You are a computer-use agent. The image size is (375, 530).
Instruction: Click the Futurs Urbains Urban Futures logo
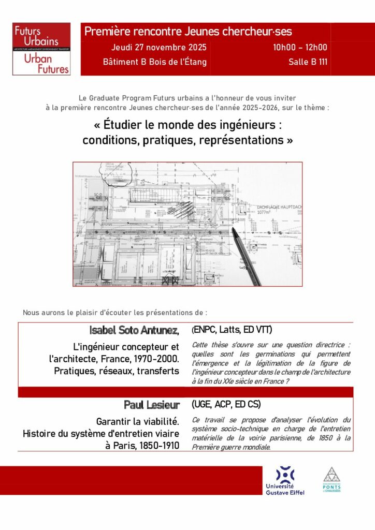click(41, 49)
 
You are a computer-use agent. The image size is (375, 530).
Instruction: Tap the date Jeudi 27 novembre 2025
click(159, 47)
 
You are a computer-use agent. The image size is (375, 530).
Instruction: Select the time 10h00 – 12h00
click(300, 47)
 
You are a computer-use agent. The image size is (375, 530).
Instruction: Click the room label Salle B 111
click(308, 62)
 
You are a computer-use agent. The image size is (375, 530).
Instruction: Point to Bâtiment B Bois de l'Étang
click(154, 62)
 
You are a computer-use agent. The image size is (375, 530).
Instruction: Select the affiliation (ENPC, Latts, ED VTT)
click(232, 330)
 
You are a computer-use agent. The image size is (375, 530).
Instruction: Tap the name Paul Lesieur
click(151, 405)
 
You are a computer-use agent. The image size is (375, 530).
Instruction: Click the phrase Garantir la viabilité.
click(137, 421)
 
